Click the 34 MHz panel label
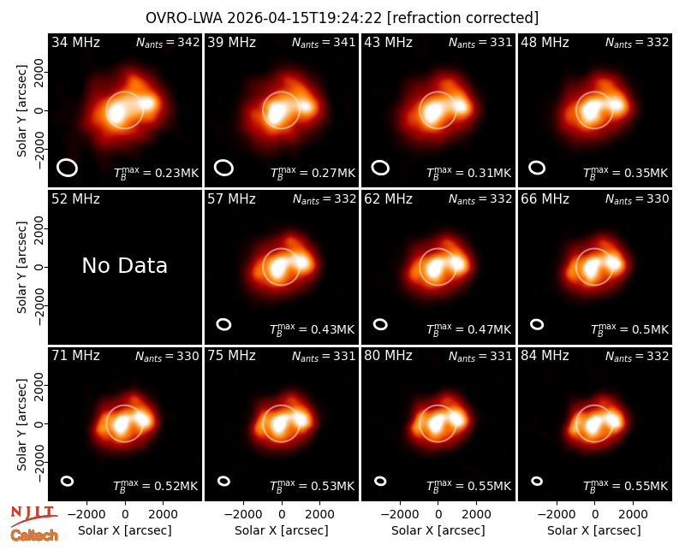75,42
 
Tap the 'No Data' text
124,265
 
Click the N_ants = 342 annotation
168,42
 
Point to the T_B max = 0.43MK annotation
312,328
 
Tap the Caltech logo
34,535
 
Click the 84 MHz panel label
545,356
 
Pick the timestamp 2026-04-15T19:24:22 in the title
305,18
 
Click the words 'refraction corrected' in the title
463,18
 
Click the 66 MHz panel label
545,199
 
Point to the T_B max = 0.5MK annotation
629,328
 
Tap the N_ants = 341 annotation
324,42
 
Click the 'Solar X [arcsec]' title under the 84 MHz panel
594,530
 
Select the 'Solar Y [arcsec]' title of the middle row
22,267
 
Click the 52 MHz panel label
75,199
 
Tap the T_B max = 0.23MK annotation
156,173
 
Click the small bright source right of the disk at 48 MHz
616,104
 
